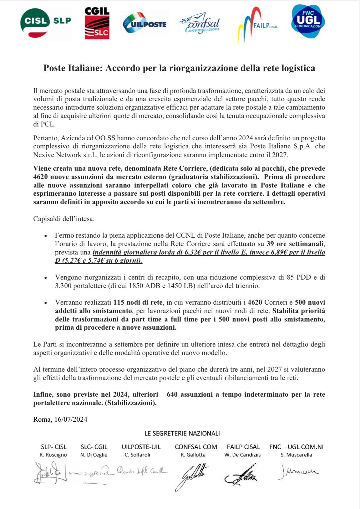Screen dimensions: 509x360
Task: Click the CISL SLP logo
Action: [45, 23]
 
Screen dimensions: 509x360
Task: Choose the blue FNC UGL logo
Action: [308, 21]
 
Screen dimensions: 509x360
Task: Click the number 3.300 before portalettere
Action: [63, 285]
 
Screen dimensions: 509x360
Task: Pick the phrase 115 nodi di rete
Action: [138, 302]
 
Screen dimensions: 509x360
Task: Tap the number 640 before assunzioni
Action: [172, 394]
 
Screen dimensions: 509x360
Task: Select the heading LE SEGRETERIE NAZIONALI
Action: [182, 434]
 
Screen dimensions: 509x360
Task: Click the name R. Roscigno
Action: [53, 455]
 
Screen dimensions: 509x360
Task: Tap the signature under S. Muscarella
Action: [298, 471]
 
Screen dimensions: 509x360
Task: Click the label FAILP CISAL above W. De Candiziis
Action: [243, 447]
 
